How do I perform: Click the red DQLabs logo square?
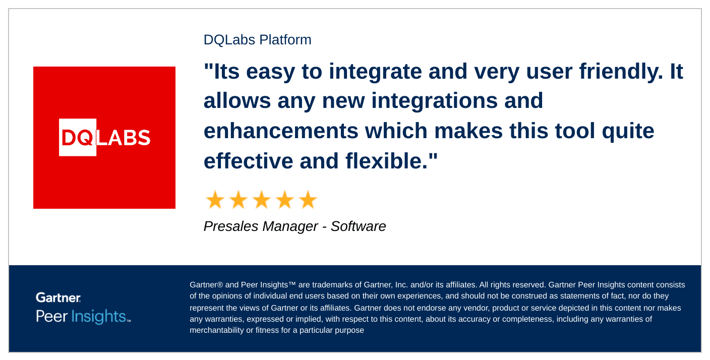(104, 138)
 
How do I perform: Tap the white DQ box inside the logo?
(78, 137)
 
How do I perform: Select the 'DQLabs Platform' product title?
(257, 40)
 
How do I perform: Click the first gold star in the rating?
(215, 200)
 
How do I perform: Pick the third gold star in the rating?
(262, 200)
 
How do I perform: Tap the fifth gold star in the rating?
(308, 200)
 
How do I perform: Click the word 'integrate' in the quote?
(375, 72)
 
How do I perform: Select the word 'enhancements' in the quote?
(281, 131)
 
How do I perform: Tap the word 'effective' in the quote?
(248, 161)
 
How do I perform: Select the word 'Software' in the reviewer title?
(358, 226)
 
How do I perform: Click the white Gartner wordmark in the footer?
(58, 297)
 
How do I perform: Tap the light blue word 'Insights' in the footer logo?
(99, 316)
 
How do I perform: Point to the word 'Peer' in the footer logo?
(51, 316)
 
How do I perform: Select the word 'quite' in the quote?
(628, 131)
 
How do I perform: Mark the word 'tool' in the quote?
(575, 131)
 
